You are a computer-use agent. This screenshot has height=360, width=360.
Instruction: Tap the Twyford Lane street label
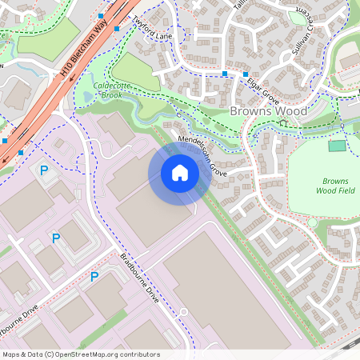(x=152, y=31)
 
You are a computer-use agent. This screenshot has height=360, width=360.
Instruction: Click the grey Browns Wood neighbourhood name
(x=268, y=111)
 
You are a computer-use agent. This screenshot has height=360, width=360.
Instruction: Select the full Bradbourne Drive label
(x=139, y=278)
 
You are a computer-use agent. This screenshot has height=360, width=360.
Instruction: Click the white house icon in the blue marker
(x=180, y=172)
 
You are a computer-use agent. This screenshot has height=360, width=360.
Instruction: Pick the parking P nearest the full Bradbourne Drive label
(x=94, y=277)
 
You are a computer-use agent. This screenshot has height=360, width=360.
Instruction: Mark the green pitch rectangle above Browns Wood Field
(x=338, y=146)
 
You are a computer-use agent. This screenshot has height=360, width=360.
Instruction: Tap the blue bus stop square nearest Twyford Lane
(x=118, y=29)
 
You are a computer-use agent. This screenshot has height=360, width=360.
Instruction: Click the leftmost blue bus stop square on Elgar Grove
(x=225, y=74)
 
